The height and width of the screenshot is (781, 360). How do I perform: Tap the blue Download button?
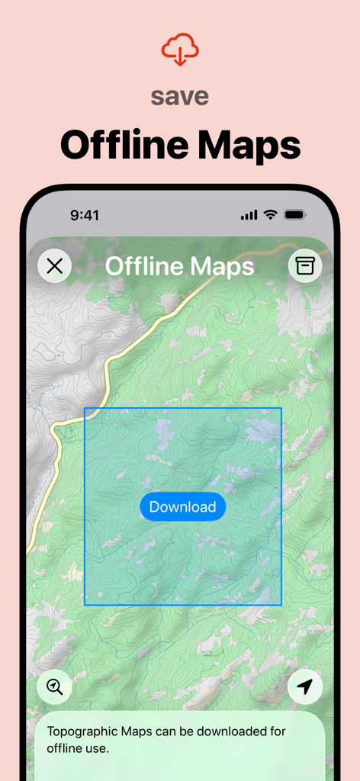182,506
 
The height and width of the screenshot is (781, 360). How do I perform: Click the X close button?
54,265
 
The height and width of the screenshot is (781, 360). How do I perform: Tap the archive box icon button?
305,265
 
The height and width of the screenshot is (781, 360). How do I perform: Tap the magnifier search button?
54,686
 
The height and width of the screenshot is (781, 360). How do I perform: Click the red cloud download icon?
180,50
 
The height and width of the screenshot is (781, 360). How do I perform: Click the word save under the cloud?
180,97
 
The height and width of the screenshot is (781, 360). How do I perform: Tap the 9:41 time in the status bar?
85,215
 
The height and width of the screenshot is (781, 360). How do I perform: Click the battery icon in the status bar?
294,215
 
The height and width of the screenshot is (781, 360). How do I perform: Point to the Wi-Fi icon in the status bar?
270,215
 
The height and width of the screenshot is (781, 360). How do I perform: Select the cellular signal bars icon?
249,215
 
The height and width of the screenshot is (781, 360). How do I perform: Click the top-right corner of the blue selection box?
281,408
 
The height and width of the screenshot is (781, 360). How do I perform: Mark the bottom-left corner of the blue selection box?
85,605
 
